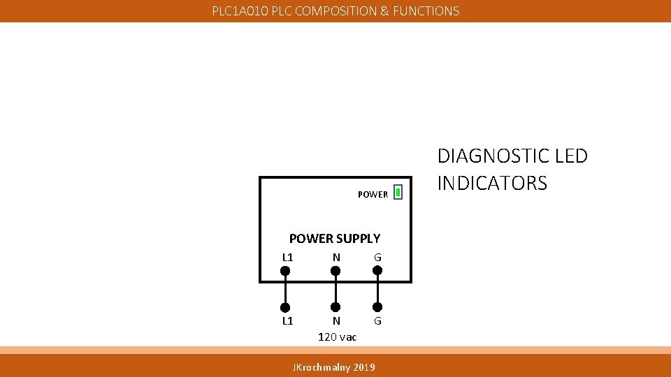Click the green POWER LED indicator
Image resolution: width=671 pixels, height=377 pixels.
point(397,192)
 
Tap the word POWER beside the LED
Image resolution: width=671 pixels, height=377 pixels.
point(373,195)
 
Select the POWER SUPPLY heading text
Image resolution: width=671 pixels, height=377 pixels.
point(335,239)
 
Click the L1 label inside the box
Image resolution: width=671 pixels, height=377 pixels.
point(287,257)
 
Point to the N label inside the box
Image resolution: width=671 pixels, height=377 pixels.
point(336,257)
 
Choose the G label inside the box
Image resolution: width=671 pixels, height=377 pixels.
point(377,258)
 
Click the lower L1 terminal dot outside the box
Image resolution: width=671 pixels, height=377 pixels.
point(285,306)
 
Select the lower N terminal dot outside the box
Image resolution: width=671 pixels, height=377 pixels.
point(335,306)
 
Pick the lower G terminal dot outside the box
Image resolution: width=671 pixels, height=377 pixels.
point(377,306)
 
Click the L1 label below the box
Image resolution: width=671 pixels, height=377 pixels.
point(287,321)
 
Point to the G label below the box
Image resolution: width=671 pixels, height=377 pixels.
point(377,322)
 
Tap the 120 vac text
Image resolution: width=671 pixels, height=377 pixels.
point(338,337)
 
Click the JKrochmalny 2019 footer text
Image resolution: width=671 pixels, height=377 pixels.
point(333,367)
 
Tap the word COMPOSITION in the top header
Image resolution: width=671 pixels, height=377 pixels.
point(337,11)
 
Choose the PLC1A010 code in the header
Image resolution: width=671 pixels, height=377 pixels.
point(240,11)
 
